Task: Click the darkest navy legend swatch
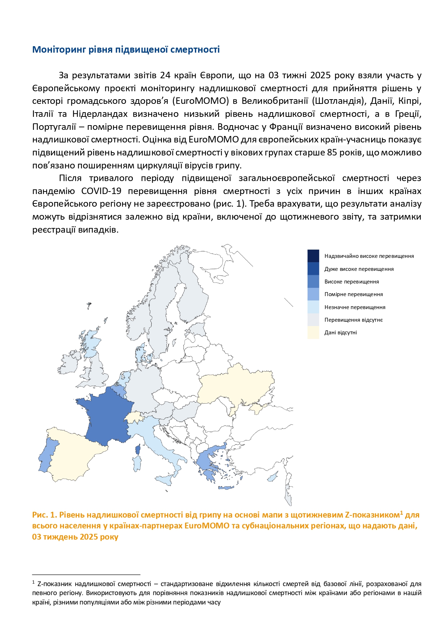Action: (x=313, y=256)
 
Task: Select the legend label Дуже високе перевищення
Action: (x=359, y=269)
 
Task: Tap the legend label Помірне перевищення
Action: (x=353, y=294)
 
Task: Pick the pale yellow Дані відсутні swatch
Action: (x=313, y=333)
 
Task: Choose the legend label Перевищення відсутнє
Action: (x=353, y=320)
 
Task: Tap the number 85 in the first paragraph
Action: (x=332, y=153)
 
